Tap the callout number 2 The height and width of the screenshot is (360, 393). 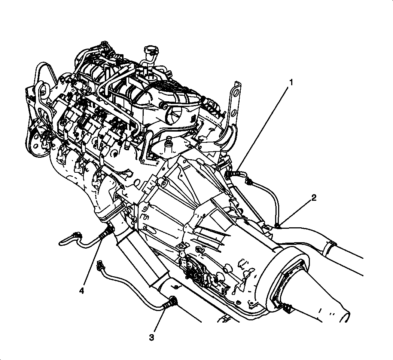(x=314, y=198)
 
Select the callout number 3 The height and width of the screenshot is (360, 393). (x=152, y=338)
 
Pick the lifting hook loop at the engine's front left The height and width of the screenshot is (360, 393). (x=42, y=90)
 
